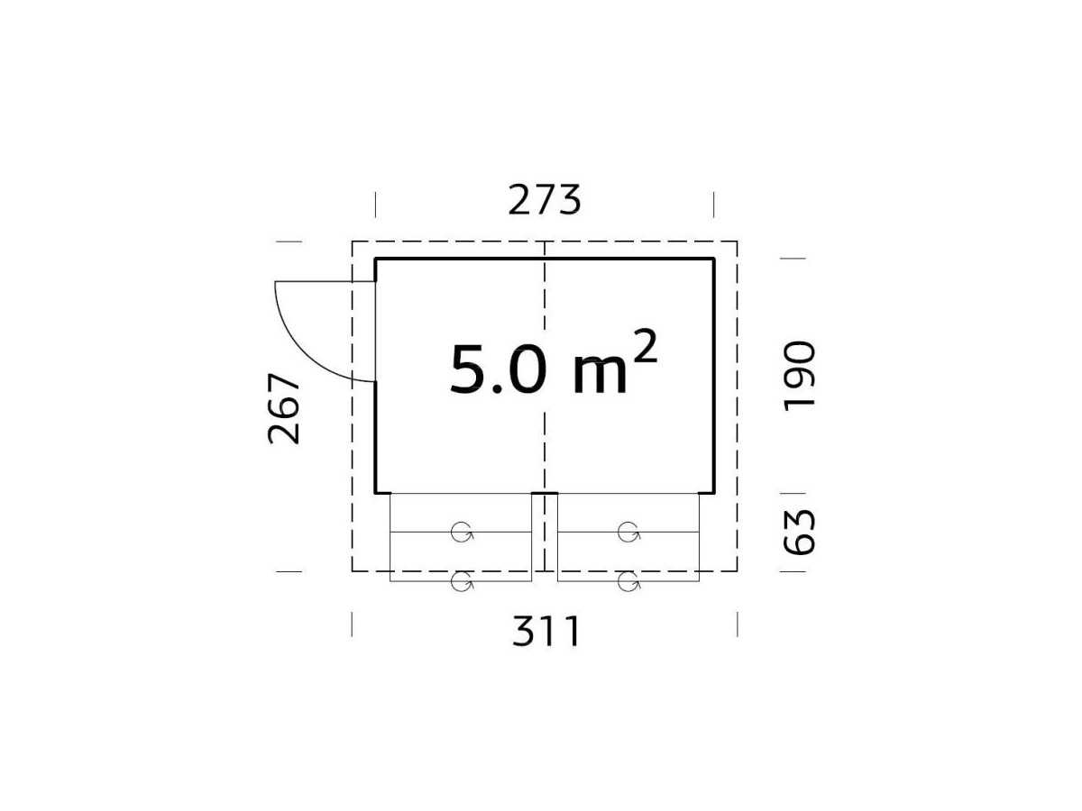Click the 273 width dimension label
pos(545,200)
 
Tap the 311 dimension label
pos(546,631)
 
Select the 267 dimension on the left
pos(284,409)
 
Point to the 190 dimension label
pos(799,376)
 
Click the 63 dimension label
pos(799,533)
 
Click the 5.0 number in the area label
pos(499,369)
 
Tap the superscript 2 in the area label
pos(645,346)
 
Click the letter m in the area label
pos(600,376)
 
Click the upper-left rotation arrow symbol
pos(462,532)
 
